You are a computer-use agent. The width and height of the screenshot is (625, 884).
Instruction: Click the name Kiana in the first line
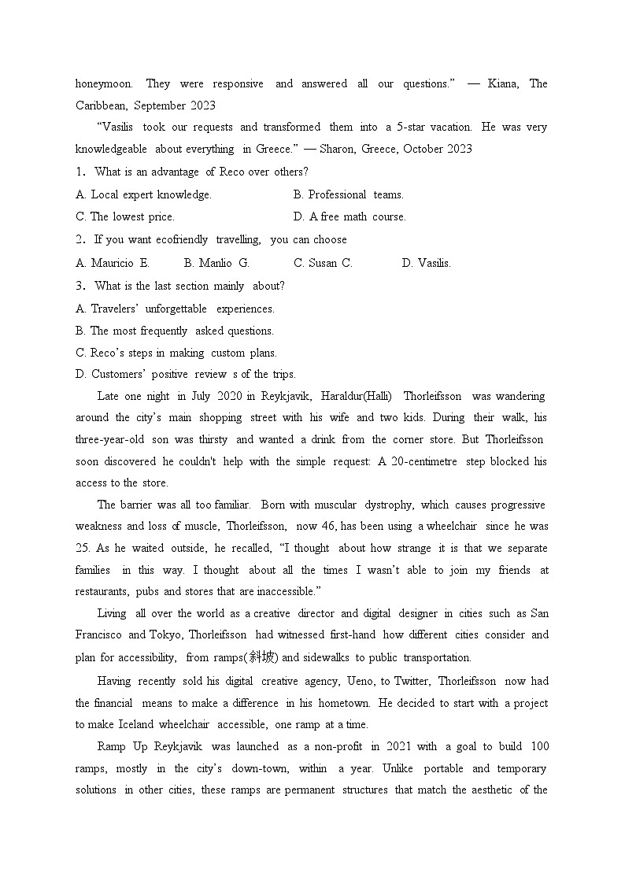tap(503, 83)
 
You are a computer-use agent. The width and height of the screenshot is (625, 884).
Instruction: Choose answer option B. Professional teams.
tap(348, 194)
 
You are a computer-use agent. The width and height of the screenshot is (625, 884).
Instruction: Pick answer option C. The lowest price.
tap(125, 216)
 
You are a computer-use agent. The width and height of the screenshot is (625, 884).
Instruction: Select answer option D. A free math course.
tap(349, 216)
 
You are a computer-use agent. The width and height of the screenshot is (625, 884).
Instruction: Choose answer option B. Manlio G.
tap(216, 263)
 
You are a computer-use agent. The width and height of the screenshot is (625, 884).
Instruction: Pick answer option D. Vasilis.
tap(426, 263)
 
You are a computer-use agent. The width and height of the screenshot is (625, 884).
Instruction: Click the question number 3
tap(80, 286)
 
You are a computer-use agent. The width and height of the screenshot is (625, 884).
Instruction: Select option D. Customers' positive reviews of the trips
tap(185, 374)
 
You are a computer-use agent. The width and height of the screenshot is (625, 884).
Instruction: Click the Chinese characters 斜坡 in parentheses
tap(261, 657)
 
